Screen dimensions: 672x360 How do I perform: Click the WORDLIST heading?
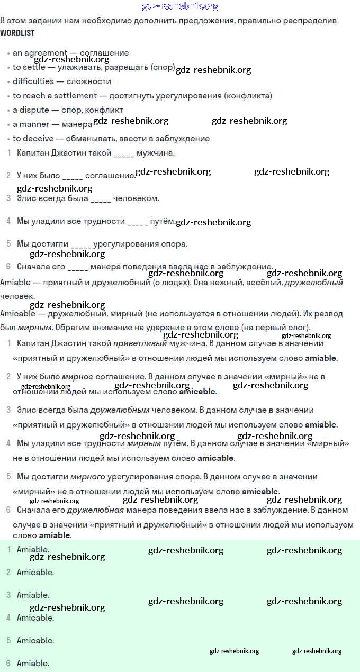pos(17,33)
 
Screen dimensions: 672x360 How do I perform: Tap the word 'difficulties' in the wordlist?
pos(33,81)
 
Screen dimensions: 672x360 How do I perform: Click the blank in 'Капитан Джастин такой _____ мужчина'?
pos(124,153)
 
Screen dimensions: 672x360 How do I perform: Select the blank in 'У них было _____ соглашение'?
pos(73,176)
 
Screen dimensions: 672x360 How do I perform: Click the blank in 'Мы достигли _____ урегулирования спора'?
pos(80,244)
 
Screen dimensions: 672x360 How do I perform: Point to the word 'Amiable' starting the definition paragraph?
pos(15,283)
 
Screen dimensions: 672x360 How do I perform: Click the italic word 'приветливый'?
pos(140,343)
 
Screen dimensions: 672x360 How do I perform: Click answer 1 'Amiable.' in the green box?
pos(33,550)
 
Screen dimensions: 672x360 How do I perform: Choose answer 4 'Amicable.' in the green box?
pos(35,618)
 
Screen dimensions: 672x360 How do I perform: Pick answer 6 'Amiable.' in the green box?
pos(33,664)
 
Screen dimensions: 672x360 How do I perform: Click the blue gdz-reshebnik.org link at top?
pos(180,6)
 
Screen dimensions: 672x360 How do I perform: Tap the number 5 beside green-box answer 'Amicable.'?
pos(8,641)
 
